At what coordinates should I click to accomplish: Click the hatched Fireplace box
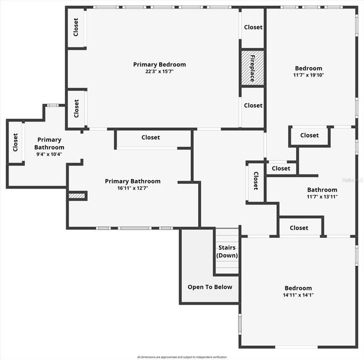(x=252, y=67)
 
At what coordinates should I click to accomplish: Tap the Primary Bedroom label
(x=159, y=64)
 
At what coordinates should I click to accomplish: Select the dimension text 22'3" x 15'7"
(x=159, y=71)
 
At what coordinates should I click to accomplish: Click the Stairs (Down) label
(x=227, y=251)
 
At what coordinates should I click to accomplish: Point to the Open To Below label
(x=210, y=287)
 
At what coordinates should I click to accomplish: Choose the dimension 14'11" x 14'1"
(x=298, y=295)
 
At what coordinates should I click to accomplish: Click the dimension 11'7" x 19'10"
(x=308, y=75)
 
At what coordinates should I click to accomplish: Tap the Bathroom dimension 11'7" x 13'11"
(x=322, y=196)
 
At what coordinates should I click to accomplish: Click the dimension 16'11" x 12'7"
(x=133, y=188)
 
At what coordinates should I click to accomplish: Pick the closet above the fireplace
(x=253, y=27)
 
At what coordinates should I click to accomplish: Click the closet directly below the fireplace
(x=253, y=105)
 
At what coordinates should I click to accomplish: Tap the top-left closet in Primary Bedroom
(x=76, y=27)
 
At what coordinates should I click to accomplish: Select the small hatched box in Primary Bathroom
(x=77, y=195)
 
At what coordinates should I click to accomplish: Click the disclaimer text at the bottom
(x=182, y=357)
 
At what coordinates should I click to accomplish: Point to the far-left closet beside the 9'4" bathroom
(x=16, y=142)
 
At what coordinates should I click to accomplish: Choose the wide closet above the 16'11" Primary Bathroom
(x=151, y=137)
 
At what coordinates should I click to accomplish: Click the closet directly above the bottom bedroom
(x=299, y=227)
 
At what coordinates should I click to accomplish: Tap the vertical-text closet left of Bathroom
(x=255, y=180)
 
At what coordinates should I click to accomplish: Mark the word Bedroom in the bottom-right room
(x=298, y=288)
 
